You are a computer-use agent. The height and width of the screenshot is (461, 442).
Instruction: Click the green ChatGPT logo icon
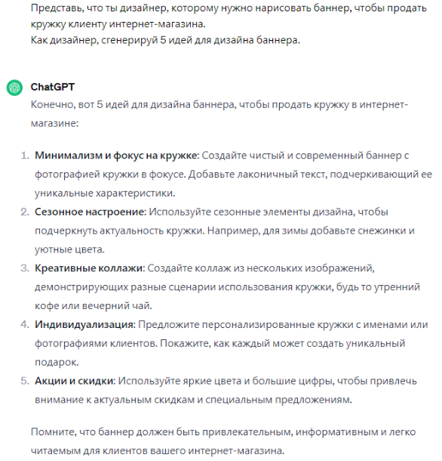[x=14, y=87]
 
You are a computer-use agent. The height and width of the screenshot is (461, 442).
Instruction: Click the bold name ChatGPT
[x=53, y=87]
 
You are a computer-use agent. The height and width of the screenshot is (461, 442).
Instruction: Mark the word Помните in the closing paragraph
[x=53, y=432]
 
